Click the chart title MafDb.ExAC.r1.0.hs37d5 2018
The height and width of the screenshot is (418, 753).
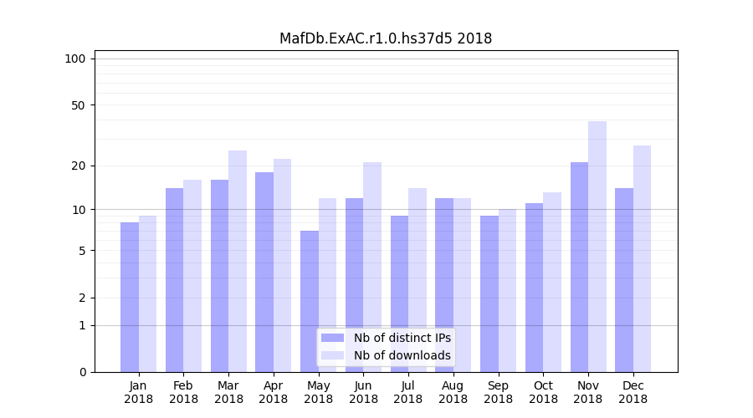(386, 38)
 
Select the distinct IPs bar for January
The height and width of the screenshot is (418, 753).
(130, 297)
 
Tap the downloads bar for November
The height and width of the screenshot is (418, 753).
(597, 247)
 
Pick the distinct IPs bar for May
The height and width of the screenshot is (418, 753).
(310, 301)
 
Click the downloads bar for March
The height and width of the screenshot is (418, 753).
(238, 261)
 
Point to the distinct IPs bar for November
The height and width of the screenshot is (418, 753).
(579, 267)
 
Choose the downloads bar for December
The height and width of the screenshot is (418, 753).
(642, 258)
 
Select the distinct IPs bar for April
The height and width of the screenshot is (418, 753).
(264, 272)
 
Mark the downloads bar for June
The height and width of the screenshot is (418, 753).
(372, 267)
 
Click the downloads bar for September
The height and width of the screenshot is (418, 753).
(507, 290)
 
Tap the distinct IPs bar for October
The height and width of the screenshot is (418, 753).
(535, 288)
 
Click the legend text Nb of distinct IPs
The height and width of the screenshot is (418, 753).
(402, 338)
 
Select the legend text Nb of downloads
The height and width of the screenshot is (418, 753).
(402, 355)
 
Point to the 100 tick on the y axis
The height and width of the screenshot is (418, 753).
(75, 59)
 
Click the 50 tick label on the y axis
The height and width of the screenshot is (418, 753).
(78, 105)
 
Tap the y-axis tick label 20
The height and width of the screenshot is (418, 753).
(78, 166)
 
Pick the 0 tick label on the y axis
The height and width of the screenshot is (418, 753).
(82, 372)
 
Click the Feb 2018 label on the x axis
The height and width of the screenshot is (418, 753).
(183, 392)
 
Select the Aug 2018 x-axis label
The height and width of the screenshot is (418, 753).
(453, 392)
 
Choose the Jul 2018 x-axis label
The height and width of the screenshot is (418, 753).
(408, 392)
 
